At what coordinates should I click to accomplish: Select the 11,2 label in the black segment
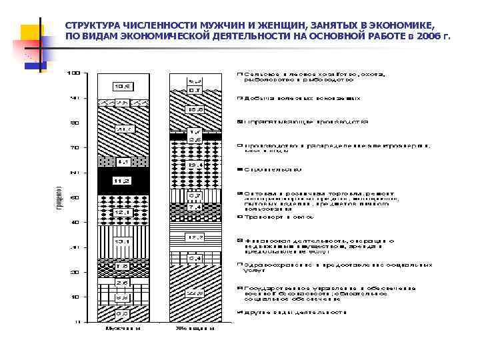pyautogui.click(x=121, y=180)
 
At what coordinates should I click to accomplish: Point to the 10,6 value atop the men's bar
pyautogui.click(x=121, y=85)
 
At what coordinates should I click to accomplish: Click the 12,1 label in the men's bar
pyautogui.click(x=121, y=213)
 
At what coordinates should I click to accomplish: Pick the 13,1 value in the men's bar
pyautogui.click(x=121, y=241)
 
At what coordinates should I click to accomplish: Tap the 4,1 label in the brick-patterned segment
pyautogui.click(x=122, y=161)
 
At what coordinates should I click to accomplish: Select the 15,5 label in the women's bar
pyautogui.click(x=195, y=109)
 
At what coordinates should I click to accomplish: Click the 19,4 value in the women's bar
pyautogui.click(x=195, y=165)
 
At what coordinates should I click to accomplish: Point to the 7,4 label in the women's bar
pyautogui.click(x=195, y=207)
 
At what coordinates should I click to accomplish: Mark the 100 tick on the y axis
pyautogui.click(x=77, y=72)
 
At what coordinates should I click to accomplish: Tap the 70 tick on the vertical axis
pyautogui.click(x=77, y=147)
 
